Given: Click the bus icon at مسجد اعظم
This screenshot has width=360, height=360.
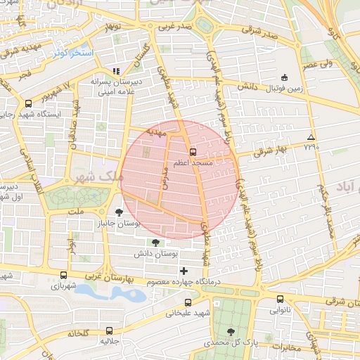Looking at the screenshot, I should [192, 150].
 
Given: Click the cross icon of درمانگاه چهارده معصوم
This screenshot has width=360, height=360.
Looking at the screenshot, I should [184, 271].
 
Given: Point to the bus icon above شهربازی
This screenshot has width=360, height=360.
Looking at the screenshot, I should [65, 276].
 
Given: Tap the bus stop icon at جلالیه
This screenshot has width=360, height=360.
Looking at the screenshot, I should [109, 330].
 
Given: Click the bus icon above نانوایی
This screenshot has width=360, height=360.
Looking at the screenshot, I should [280, 298].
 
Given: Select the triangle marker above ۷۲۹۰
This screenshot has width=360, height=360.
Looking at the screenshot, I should [311, 137].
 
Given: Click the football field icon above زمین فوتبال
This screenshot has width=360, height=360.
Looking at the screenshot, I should [284, 77].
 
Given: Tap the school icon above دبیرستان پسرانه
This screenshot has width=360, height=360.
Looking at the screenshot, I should [116, 71].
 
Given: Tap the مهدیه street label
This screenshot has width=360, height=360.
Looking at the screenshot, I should [155, 131].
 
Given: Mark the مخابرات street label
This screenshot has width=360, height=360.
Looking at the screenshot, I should [288, 346].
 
